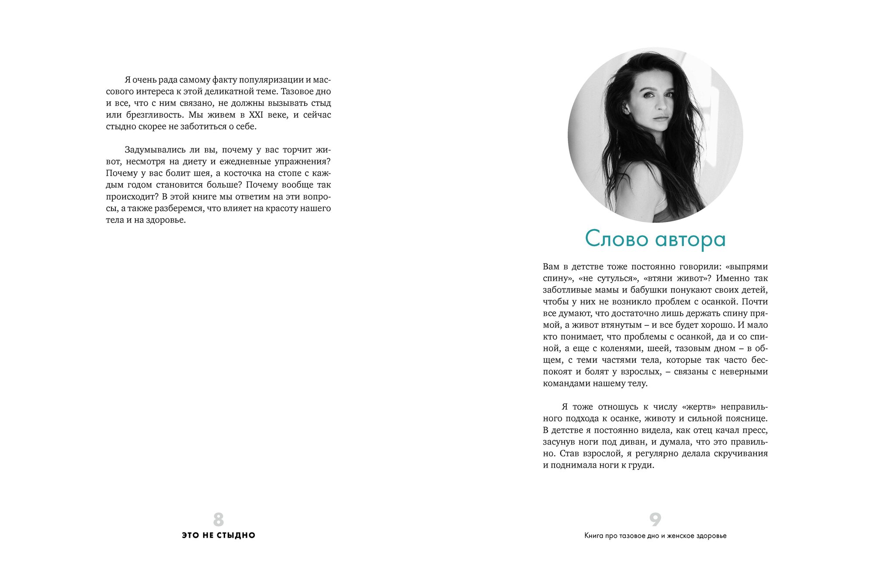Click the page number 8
pyautogui.click(x=218, y=519)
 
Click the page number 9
pyautogui.click(x=655, y=519)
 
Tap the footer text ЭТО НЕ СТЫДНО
pyautogui.click(x=218, y=535)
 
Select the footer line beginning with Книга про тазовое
pyautogui.click(x=655, y=536)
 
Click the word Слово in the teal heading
pyautogui.click(x=616, y=239)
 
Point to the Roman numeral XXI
pyautogui.click(x=259, y=115)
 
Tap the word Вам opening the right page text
pyautogui.click(x=552, y=267)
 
